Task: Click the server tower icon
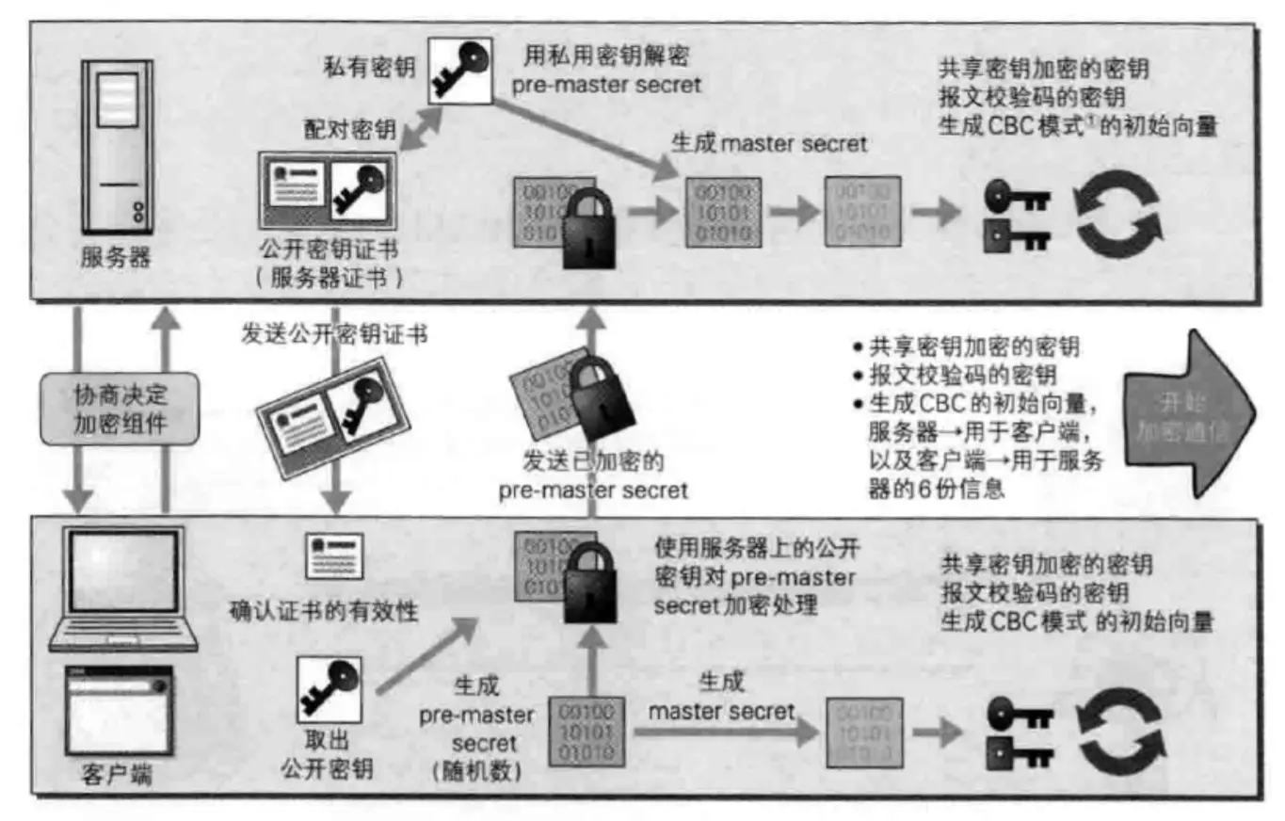(x=117, y=146)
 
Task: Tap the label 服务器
(x=116, y=256)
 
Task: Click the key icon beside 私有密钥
(x=459, y=71)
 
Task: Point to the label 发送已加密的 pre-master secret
(x=593, y=475)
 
